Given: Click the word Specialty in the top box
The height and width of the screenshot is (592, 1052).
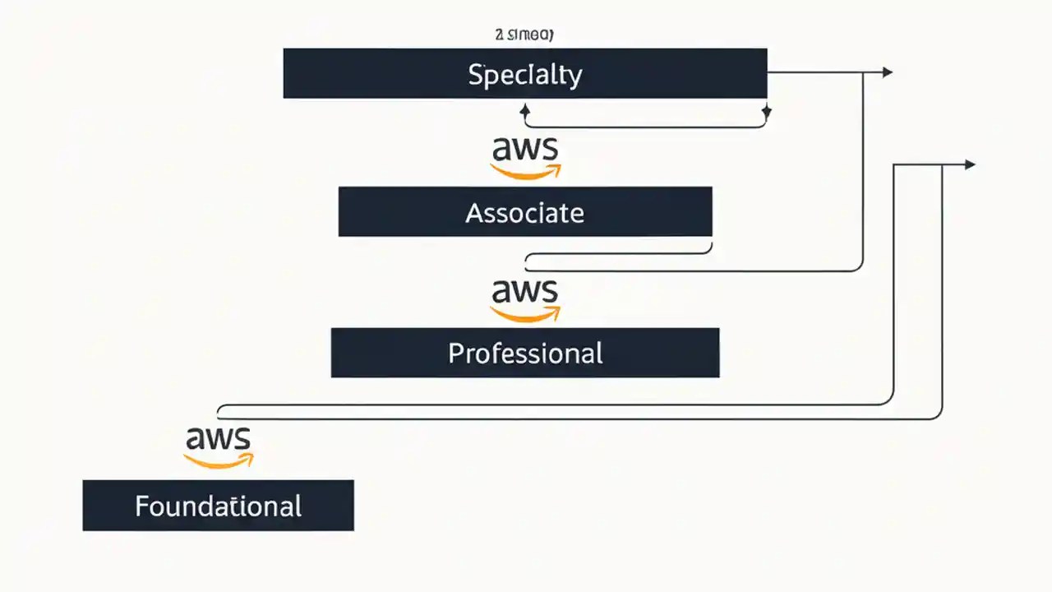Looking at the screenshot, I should click(x=524, y=75).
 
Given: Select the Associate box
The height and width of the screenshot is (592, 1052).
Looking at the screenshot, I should click(x=524, y=212).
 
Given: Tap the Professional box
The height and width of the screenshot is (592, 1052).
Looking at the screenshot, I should click(x=524, y=353).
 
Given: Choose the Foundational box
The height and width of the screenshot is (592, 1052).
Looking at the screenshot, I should click(x=218, y=505).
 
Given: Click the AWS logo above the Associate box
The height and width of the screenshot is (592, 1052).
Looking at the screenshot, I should click(x=525, y=157).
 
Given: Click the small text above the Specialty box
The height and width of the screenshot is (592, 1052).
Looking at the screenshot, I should click(x=524, y=35).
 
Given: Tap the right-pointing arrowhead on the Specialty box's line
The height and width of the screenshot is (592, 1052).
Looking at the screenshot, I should click(x=887, y=72).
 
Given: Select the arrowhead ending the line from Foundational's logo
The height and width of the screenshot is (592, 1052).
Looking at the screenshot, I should click(x=970, y=164).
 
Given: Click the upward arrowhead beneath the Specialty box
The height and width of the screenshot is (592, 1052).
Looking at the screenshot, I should click(x=525, y=109).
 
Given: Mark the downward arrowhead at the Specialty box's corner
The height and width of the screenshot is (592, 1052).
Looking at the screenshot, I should click(x=766, y=113).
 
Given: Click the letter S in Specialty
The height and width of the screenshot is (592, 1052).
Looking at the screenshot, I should click(x=475, y=75).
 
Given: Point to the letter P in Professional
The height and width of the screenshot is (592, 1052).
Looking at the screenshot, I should click(x=455, y=354).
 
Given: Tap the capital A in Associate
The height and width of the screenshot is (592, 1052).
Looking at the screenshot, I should click(x=474, y=213).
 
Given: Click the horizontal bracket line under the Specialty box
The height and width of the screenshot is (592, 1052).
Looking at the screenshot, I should click(x=645, y=127).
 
